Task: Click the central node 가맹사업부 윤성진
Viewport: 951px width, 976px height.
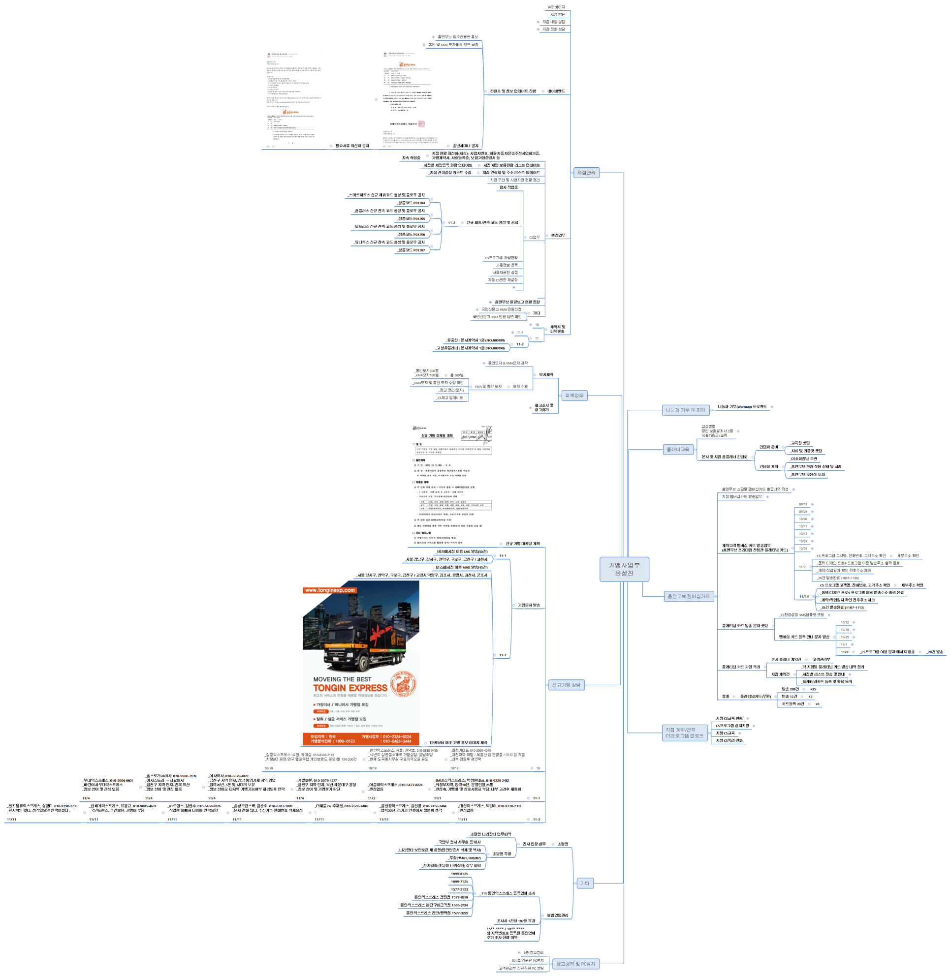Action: click(x=624, y=569)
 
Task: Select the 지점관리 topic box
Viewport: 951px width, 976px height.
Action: click(x=586, y=173)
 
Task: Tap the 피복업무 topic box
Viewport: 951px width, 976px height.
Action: click(x=574, y=396)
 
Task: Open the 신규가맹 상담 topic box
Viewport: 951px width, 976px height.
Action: click(x=566, y=685)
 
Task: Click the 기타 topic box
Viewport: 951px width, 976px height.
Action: click(x=585, y=883)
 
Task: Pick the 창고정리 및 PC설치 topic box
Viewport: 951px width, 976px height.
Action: click(x=575, y=964)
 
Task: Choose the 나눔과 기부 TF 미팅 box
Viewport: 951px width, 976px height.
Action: click(x=685, y=410)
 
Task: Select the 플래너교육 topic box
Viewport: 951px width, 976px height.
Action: click(x=678, y=449)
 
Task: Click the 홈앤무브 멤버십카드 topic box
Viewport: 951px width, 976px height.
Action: click(x=688, y=596)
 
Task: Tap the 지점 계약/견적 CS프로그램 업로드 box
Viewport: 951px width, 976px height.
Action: click(x=684, y=733)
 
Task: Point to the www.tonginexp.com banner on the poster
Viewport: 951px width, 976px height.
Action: click(x=330, y=590)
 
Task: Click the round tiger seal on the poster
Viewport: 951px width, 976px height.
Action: click(x=403, y=683)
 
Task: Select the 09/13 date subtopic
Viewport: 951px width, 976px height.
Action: click(x=803, y=504)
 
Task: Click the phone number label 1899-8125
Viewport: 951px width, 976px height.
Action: click(x=459, y=874)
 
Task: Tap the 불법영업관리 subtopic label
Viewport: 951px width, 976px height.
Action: click(x=557, y=915)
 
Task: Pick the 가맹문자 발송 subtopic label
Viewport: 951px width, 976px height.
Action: click(x=529, y=605)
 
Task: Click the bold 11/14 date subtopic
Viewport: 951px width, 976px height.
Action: click(x=804, y=596)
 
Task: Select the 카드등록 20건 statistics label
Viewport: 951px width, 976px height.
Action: click(x=792, y=704)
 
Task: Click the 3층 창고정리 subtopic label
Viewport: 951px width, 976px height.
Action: click(x=533, y=952)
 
